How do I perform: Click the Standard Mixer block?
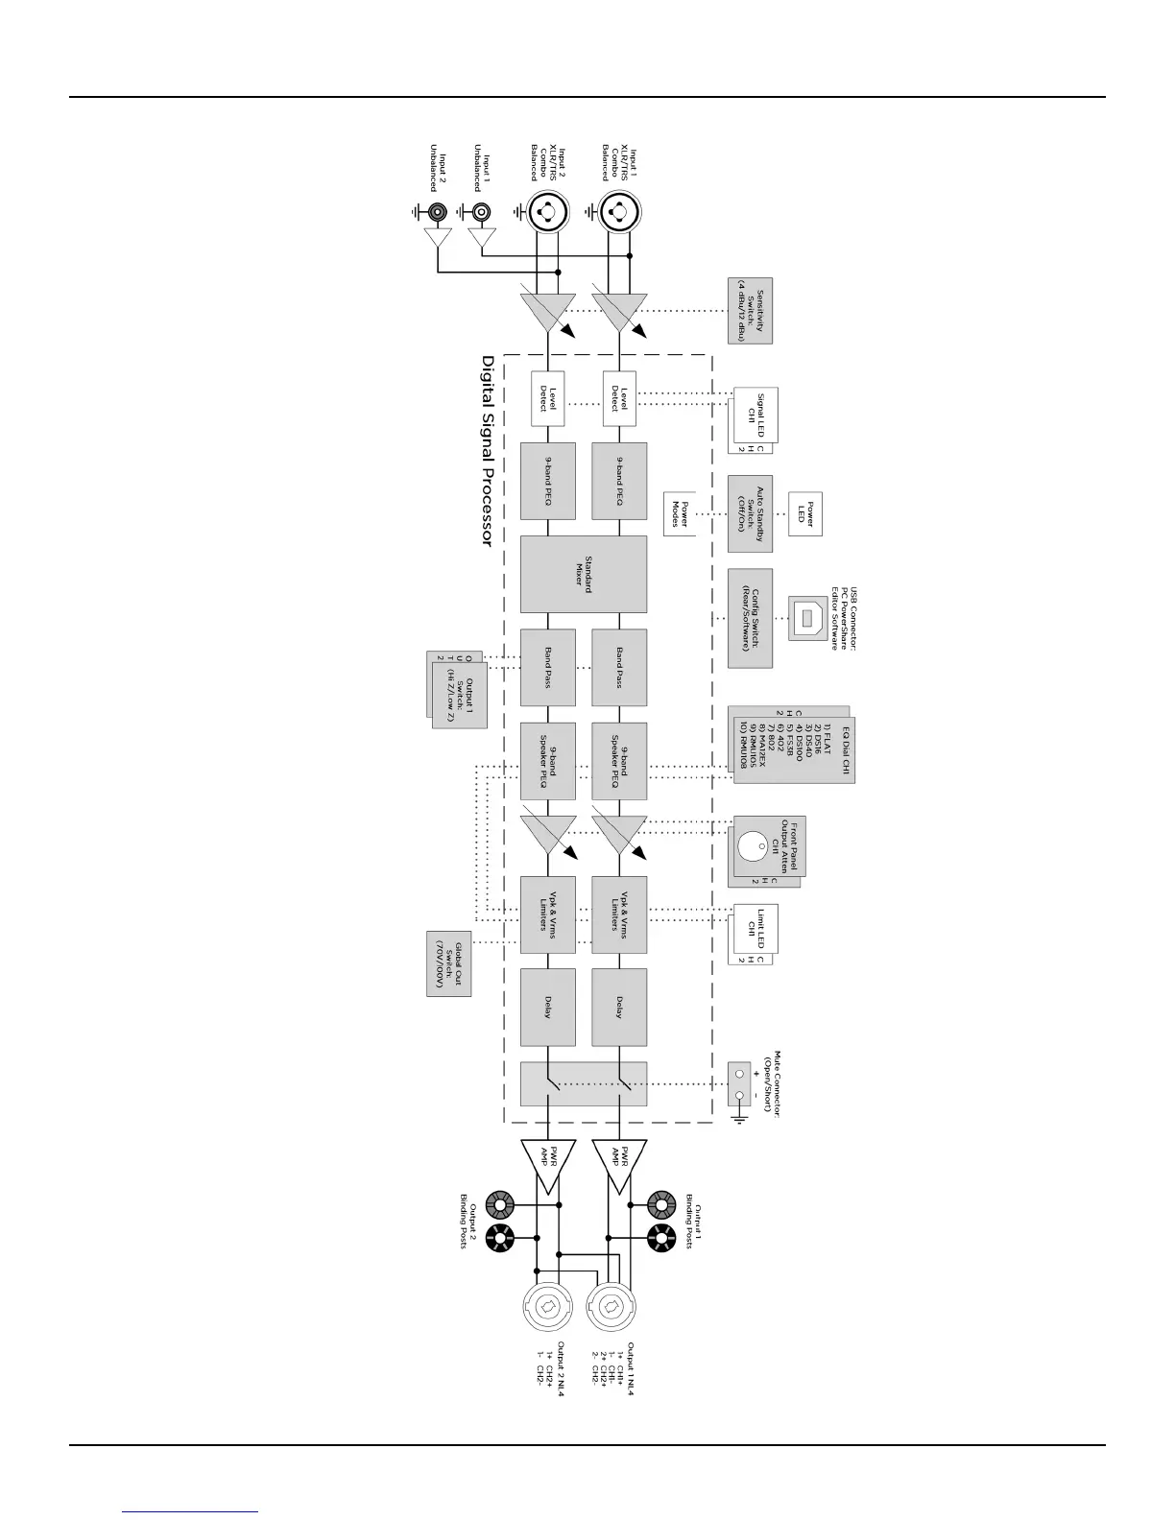583,575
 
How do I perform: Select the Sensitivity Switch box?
750,311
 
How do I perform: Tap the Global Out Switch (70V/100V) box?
448,962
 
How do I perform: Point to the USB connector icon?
803,618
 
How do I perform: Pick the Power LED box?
804,514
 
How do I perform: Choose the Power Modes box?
680,509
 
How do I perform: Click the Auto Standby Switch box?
750,513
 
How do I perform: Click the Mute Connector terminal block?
740,1083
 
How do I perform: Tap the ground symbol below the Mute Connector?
740,1119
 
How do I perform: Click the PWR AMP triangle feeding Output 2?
547,1164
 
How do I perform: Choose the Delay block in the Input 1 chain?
619,1007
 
